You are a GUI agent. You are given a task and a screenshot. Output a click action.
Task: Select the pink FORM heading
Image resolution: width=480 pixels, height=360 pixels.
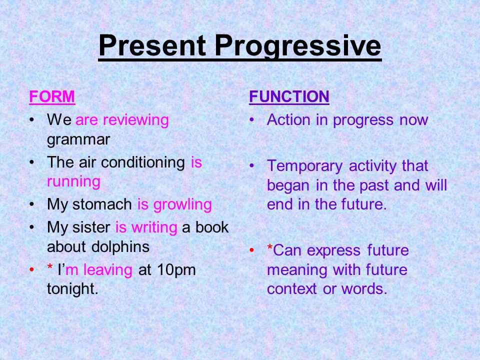[x=52, y=96]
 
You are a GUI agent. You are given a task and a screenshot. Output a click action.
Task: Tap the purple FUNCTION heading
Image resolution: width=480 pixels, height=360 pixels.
[x=289, y=96]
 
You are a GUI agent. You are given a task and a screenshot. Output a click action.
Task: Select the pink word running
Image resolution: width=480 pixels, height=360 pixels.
[x=74, y=182]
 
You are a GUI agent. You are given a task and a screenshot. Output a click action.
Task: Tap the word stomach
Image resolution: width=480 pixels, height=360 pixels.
[x=102, y=204]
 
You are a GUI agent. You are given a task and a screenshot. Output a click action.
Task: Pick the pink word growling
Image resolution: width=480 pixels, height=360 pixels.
[x=182, y=205]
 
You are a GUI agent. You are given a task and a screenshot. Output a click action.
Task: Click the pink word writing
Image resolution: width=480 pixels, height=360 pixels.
[x=154, y=228]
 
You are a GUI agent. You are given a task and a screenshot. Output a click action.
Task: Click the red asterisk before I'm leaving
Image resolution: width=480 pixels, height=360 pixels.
[x=49, y=266]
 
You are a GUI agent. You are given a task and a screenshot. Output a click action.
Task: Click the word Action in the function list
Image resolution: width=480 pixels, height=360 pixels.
[x=288, y=119]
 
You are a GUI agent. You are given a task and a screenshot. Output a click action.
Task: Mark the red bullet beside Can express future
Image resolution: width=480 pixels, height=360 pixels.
[x=251, y=250]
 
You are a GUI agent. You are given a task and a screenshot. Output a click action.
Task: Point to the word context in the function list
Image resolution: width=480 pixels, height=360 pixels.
[x=291, y=289]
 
